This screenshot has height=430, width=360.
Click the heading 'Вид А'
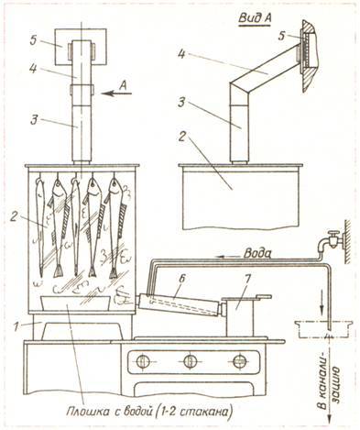[255, 18]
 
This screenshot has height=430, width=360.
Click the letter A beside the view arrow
[123, 86]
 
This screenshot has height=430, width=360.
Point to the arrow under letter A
[116, 94]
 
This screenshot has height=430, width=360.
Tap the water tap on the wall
[331, 240]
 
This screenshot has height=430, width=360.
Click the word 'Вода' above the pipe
[258, 253]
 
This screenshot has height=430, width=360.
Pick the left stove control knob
[142, 362]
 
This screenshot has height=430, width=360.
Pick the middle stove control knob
[191, 362]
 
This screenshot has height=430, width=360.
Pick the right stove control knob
[239, 362]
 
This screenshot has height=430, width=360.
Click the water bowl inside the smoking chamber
[75, 303]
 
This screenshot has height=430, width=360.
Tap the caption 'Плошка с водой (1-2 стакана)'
[147, 411]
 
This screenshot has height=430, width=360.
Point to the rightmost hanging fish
[115, 227]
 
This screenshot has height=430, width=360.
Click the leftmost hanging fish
[39, 226]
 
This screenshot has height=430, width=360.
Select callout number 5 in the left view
[33, 41]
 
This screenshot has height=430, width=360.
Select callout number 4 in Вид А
[181, 56]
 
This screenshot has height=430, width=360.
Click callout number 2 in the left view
[14, 217]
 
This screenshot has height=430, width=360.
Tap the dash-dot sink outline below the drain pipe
[323, 329]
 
